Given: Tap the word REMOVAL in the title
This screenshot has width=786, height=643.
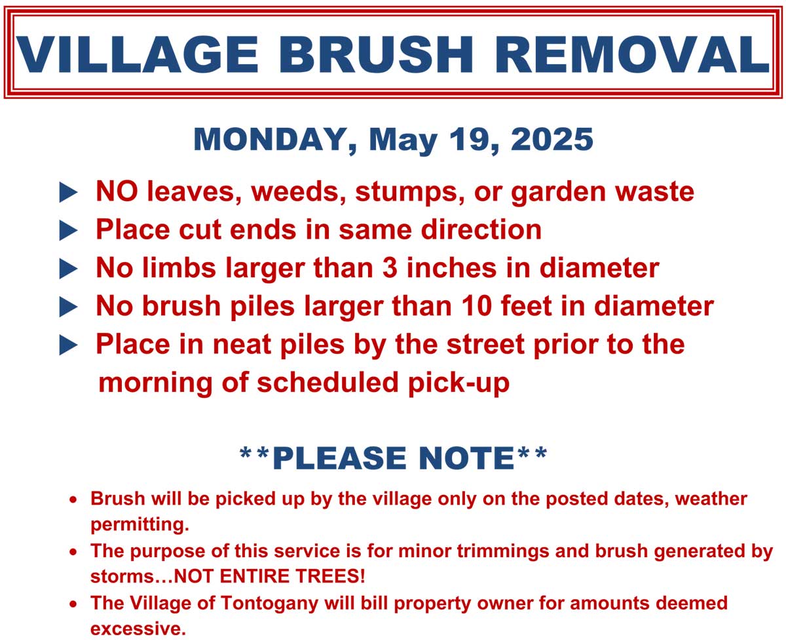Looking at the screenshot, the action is (x=632, y=54).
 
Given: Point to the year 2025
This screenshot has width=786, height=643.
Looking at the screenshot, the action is (x=552, y=139).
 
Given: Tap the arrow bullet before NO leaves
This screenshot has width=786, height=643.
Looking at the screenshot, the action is (x=69, y=193).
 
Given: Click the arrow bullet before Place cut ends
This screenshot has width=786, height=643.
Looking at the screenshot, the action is (x=69, y=231).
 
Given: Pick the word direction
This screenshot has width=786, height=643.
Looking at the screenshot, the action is (x=481, y=230).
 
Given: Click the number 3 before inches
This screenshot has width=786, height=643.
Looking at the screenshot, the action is (x=390, y=268).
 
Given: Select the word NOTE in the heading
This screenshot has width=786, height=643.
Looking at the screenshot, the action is (x=466, y=458).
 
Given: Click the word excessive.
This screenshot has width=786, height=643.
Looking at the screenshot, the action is (x=138, y=629).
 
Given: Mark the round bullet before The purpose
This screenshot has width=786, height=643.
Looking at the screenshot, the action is (x=73, y=552).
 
